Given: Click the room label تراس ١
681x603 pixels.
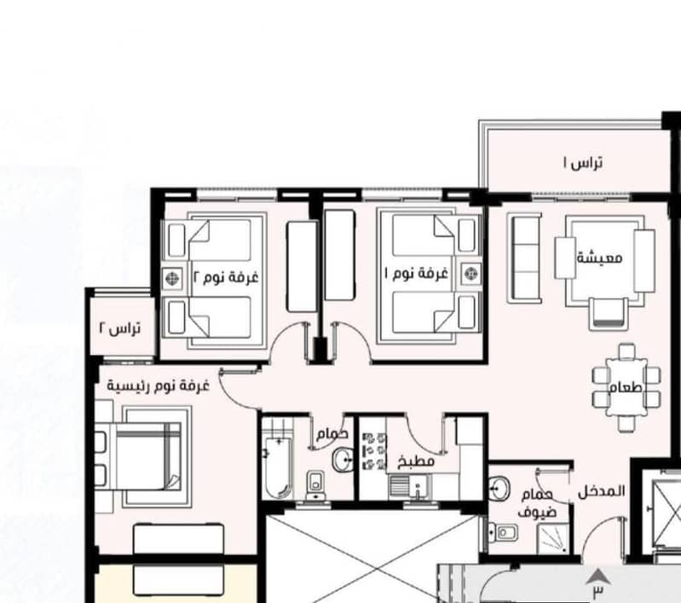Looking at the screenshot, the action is pos(583,163).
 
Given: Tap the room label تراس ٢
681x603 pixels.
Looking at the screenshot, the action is pos(120,328).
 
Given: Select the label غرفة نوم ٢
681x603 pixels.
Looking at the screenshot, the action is pos(226,277).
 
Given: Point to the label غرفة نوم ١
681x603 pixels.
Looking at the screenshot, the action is pos(417,274).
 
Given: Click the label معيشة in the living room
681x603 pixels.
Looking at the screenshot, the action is pos(599,258).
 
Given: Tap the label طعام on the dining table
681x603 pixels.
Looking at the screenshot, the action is pos(626,387).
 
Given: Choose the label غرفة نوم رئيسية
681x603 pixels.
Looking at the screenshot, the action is pos(158,386).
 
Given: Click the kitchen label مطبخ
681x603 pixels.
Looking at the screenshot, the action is pos(416,461).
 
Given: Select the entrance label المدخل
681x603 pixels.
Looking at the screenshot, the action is pos(602,492).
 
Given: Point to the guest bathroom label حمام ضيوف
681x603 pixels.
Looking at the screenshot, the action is pos(537,503).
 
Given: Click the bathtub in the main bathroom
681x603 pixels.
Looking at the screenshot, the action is pos(278,467).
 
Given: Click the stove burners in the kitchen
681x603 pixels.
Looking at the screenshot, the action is pos(374,451).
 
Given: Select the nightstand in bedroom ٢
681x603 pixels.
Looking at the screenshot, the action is pos(173,278).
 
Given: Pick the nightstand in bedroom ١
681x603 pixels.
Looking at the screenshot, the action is pos(470,274).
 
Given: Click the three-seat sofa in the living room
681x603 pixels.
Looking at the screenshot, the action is pos(525,258).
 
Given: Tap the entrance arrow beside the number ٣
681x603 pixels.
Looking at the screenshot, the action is pos(598,576).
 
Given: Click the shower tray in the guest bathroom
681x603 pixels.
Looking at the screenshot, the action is pos(553,539).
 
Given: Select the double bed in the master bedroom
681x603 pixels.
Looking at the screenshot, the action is pos(143,456).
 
